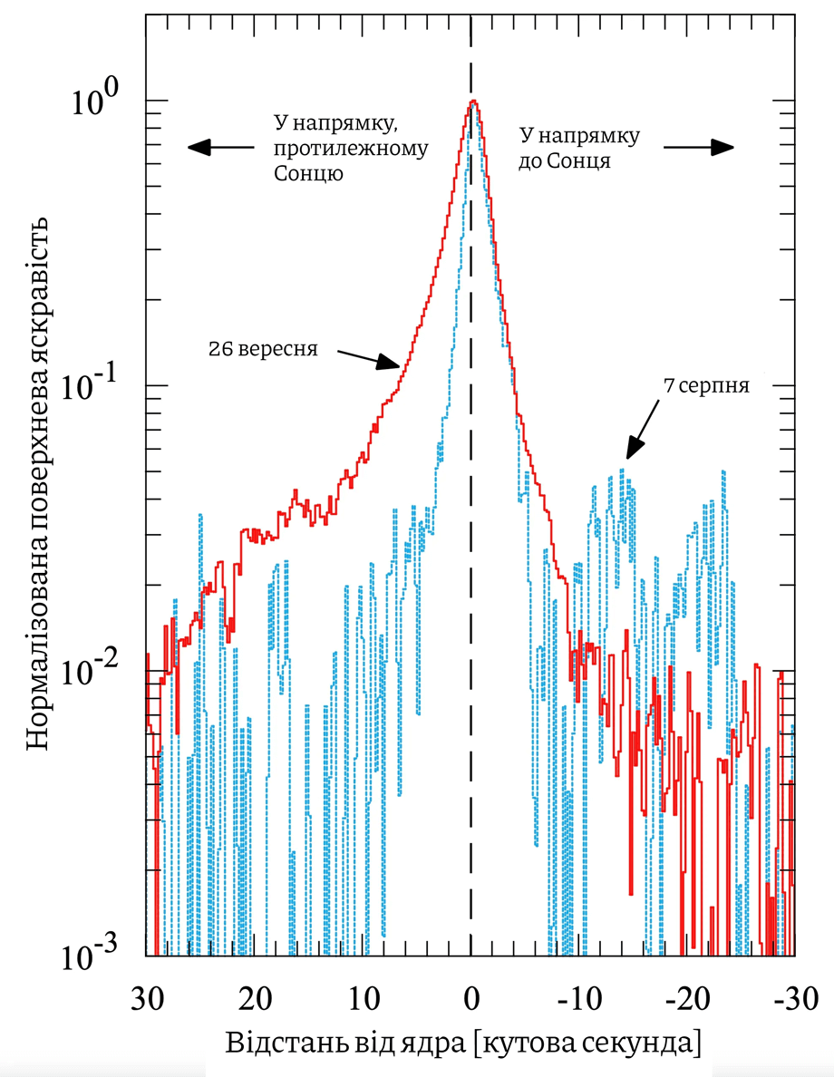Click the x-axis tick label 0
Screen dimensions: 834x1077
(x=470, y=998)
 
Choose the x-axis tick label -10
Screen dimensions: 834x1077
(x=579, y=998)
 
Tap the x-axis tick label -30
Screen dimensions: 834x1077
(x=795, y=998)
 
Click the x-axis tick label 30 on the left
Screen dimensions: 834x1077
(x=147, y=998)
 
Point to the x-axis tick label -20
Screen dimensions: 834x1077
(x=687, y=998)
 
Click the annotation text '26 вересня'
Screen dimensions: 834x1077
(x=263, y=349)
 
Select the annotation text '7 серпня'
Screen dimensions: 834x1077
(x=706, y=385)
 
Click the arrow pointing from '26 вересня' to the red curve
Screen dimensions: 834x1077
(x=369, y=358)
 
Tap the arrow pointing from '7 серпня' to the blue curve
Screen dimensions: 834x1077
(x=642, y=429)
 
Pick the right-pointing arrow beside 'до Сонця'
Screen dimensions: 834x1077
(x=699, y=146)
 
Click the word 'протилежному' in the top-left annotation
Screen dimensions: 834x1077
(x=351, y=149)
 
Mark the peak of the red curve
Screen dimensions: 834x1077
(x=472, y=101)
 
